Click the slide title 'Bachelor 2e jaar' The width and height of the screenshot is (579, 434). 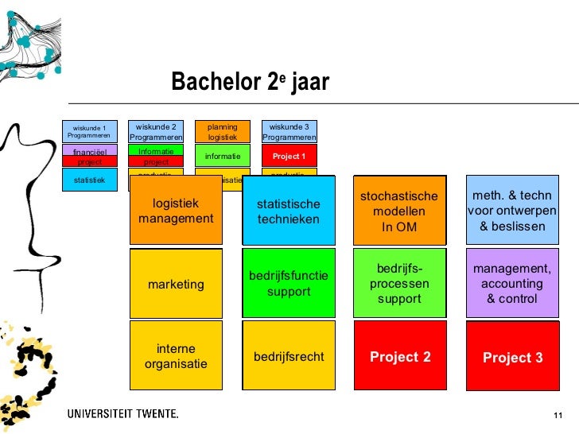tap(249, 83)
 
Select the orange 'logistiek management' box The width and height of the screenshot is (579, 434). tap(176, 211)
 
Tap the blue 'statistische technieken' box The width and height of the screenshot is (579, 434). tap(288, 211)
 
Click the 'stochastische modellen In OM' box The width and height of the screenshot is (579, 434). tap(399, 211)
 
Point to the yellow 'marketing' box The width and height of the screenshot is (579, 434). tap(176, 284)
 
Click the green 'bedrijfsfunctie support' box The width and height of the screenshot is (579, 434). tap(288, 284)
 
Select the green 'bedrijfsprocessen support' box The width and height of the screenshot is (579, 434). tap(399, 284)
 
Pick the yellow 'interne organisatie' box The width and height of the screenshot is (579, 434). tap(176, 356)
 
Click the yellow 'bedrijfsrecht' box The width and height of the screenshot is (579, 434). tap(288, 356)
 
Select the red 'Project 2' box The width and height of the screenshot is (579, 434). tap(399, 356)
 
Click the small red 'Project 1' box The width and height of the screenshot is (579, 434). tap(289, 156)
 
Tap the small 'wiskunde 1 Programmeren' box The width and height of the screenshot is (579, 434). tap(89, 131)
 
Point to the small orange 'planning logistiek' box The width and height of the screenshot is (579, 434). tap(223, 131)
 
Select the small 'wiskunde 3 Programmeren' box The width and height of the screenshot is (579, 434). tap(289, 131)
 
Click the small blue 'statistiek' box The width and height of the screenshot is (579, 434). tap(89, 180)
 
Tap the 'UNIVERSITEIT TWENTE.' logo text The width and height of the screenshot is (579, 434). tap(122, 413)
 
